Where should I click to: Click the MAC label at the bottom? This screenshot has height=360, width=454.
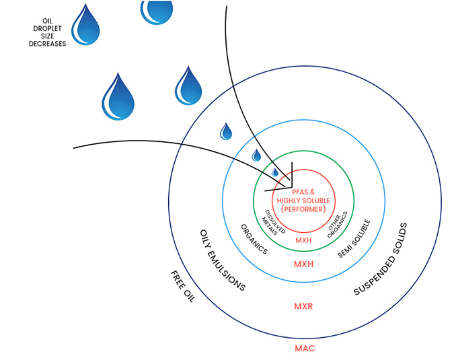(x=305, y=349)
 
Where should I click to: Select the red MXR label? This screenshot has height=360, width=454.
(x=304, y=306)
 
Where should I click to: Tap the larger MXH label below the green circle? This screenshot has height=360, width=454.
(x=304, y=264)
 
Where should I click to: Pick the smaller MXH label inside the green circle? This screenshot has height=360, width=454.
(x=303, y=240)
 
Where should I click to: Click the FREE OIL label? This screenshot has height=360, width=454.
(x=182, y=287)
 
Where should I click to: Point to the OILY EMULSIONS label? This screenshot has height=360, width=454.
(x=223, y=260)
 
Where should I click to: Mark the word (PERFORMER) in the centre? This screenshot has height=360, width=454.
(x=303, y=209)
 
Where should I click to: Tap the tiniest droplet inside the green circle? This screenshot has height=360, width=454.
(x=274, y=172)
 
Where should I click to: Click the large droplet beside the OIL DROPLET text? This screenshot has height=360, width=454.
(x=87, y=26)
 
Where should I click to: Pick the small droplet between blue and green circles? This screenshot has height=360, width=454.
(x=256, y=155)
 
